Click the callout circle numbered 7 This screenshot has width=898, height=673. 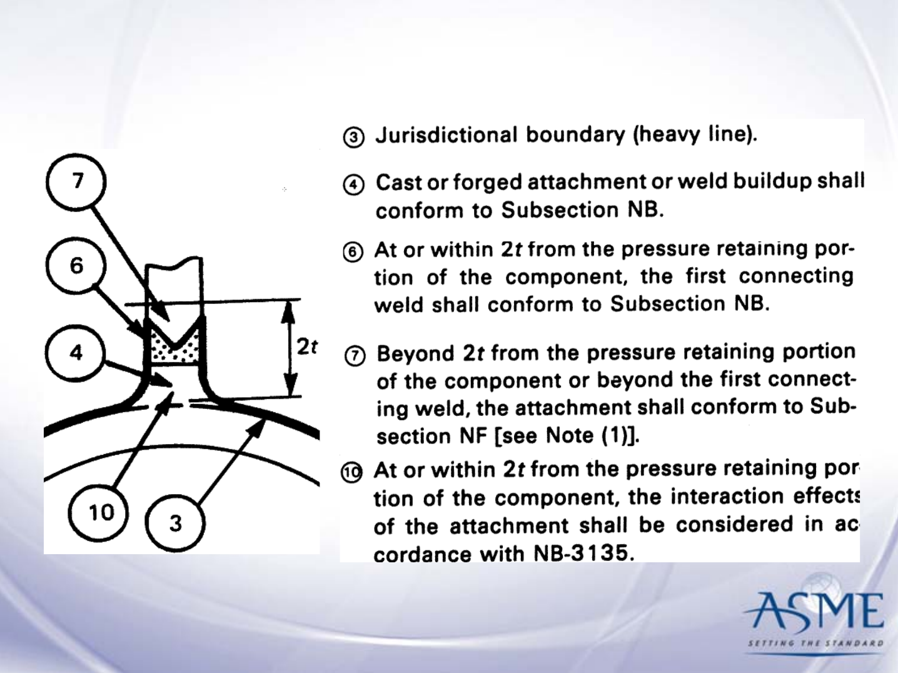pos(76,181)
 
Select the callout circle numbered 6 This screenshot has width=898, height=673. pos(76,266)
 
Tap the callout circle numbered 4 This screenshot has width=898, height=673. pos(76,353)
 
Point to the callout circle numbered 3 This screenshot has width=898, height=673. pos(175,522)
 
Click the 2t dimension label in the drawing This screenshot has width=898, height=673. pos(307,347)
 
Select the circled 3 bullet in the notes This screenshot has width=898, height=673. pos(354,137)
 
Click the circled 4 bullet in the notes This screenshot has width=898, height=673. pos(353,185)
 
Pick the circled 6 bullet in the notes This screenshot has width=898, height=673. pos(353,251)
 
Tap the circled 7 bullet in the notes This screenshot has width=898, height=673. pos(355,356)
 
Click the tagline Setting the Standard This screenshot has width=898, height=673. pos(815,643)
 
